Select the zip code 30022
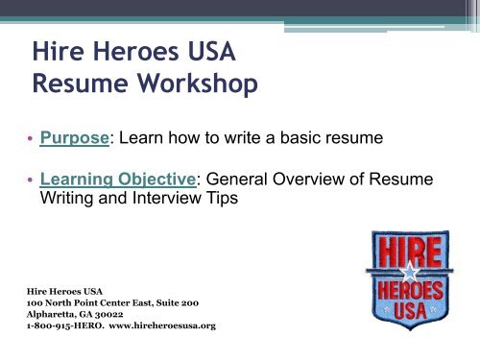pyautogui.click(x=126, y=313)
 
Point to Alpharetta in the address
pyautogui.click(x=49, y=313)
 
